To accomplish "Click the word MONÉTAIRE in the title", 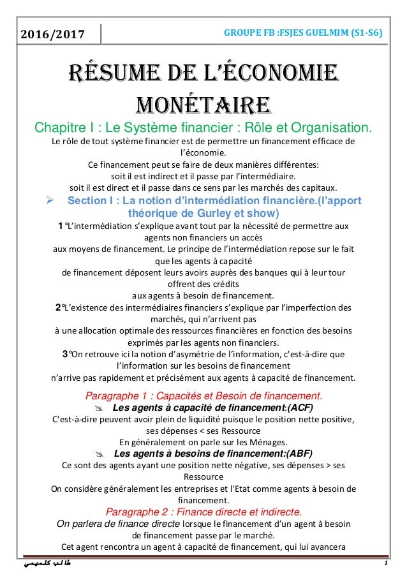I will [203, 102].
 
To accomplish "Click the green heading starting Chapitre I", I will [203, 126].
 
